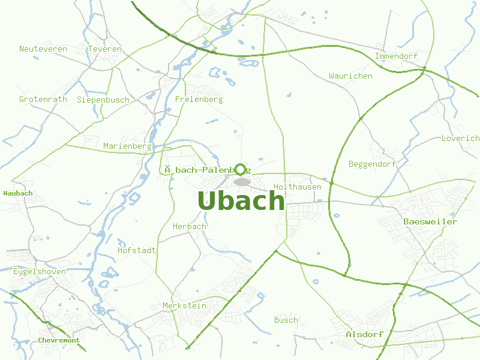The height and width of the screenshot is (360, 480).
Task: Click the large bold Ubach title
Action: coord(241,201)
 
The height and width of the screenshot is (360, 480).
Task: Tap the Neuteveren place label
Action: coord(43,49)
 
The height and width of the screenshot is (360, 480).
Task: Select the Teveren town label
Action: coord(104,49)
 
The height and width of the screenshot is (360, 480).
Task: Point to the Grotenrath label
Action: coord(43,100)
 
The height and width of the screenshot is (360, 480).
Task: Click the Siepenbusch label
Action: coord(103,100)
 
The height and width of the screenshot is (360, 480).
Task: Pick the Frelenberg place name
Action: coord(199,99)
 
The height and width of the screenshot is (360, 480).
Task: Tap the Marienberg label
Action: coord(127,146)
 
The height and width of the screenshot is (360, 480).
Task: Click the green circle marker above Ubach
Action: coord(241,169)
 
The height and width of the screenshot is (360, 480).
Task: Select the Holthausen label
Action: coord(297,187)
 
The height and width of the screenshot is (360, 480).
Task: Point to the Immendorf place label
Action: coord(396,56)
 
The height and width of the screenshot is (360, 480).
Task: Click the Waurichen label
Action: coord(350,76)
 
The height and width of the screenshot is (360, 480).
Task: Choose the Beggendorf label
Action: coord(372,164)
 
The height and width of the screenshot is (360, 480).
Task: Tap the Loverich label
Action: coord(460,138)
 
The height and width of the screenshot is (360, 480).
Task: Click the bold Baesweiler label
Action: coord(430,222)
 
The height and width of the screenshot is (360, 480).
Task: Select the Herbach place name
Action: coord(189,227)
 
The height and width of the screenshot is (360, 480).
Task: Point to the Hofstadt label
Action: coord(137,250)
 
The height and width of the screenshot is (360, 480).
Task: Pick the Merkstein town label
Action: coord(184,306)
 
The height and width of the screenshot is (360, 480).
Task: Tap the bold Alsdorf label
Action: coord(364,334)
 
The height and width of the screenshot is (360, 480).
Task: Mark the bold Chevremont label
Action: coord(59,340)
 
